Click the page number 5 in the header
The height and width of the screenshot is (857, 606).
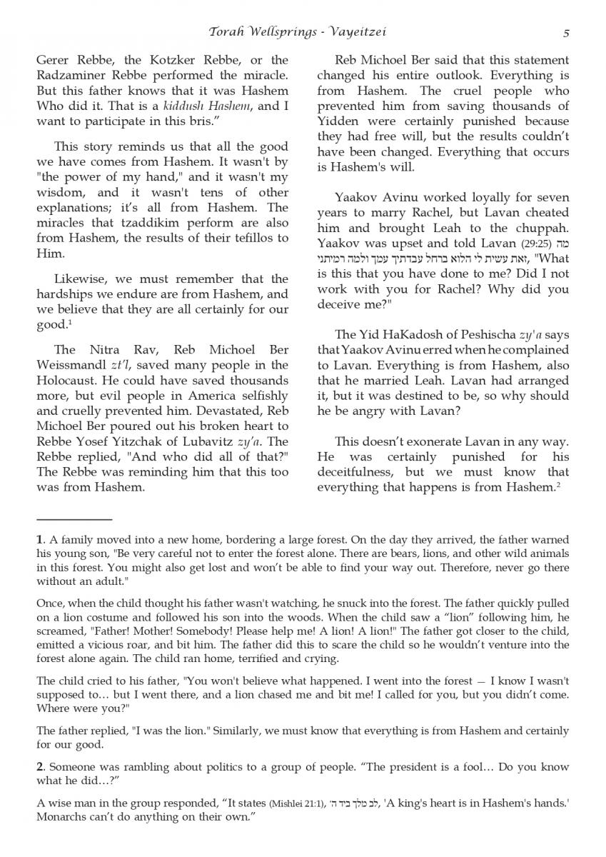pos(565,32)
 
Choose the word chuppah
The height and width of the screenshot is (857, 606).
pos(542,228)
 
